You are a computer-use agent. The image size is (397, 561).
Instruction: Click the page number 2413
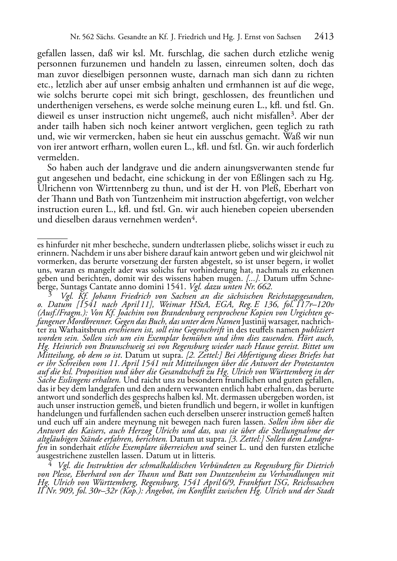(324, 37)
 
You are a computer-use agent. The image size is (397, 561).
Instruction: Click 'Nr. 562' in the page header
(81, 37)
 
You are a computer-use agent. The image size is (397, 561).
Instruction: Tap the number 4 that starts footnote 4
(50, 464)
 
